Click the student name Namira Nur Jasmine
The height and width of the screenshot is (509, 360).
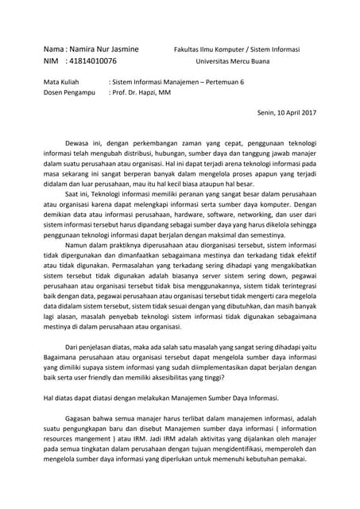[103, 49]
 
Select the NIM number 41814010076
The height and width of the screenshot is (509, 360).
[89, 60]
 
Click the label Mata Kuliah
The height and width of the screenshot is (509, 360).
[59, 82]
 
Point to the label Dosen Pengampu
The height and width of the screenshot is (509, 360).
[68, 92]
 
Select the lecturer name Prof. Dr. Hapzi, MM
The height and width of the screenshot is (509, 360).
[141, 92]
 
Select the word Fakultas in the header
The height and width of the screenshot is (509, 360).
[188, 49]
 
